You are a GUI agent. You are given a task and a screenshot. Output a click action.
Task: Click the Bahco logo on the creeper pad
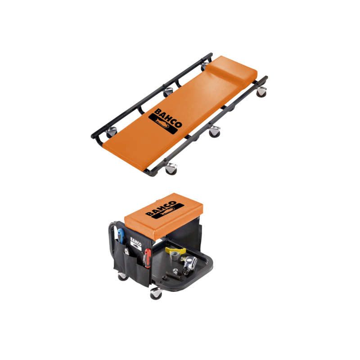coord(165,121)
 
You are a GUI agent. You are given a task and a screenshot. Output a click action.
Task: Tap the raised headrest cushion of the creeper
coord(233,69)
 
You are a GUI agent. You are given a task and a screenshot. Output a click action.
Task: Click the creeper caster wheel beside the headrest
coord(261,92)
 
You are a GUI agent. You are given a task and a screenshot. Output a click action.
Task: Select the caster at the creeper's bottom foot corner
coord(171,169)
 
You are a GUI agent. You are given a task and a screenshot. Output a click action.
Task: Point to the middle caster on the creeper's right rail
coord(215,132)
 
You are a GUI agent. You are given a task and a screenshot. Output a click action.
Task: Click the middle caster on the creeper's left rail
coord(168,92)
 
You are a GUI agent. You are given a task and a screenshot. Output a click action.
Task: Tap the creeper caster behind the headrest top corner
coord(205,66)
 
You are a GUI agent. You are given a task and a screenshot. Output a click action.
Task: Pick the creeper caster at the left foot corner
coord(112,132)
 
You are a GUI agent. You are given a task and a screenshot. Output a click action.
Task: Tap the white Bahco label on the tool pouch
coord(136,243)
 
